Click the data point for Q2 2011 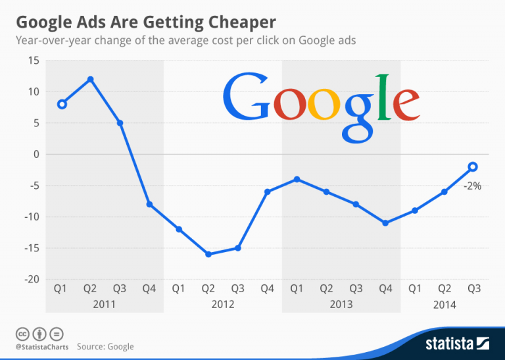pos(90,79)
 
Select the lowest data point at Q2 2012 pos(208,254)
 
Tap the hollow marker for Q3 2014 pos(473,167)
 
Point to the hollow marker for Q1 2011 pos(61,104)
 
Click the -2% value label pos(472,186)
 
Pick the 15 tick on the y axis pos(33,61)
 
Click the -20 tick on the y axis pos(30,279)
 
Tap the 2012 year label pos(223,304)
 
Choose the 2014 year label pos(444,304)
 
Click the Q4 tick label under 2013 pos(385,288)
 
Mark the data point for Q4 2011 pos(149,205)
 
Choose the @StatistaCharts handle pos(42,346)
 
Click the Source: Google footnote pos(105,346)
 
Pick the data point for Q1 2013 pos(297,179)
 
